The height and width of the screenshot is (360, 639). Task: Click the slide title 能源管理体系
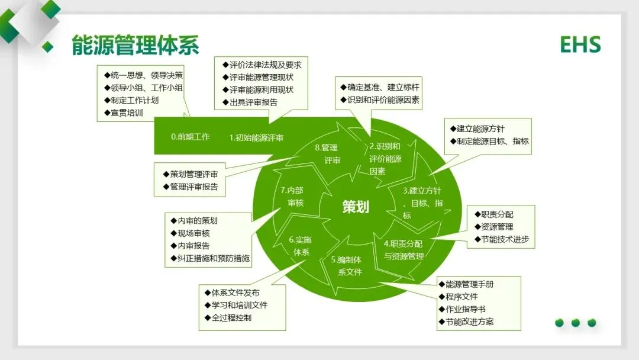point(135,46)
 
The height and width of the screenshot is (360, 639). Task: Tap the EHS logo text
point(580,45)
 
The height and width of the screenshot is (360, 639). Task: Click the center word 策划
point(356,207)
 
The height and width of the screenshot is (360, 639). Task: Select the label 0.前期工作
point(191,137)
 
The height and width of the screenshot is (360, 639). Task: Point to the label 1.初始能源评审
point(256,138)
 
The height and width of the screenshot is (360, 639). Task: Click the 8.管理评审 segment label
point(326,154)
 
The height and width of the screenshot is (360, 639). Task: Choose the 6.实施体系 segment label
point(301,246)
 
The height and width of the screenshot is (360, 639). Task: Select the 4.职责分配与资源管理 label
point(404,250)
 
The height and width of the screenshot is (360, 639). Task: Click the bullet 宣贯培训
point(127,112)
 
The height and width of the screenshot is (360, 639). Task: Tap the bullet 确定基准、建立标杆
point(379,87)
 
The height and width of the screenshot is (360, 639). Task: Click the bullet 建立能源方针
point(480,128)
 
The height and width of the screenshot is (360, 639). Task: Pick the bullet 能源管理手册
point(469,284)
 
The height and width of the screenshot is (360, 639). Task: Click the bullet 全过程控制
point(231,318)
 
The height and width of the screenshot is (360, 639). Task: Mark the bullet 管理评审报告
point(193,187)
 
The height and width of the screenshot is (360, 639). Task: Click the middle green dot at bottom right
point(575,323)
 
